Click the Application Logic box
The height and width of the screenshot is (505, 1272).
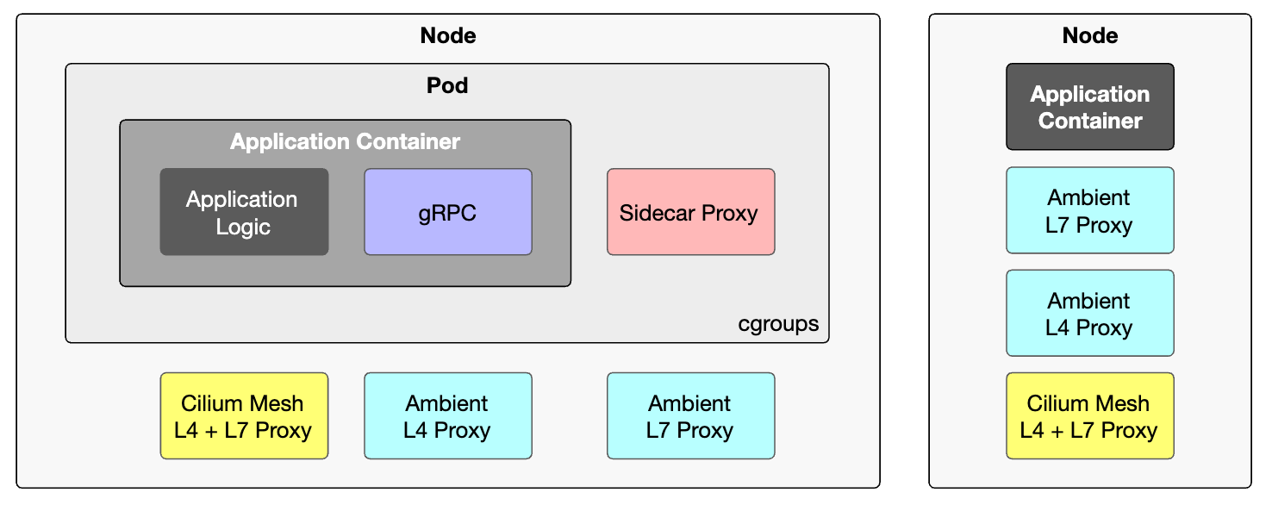click(244, 212)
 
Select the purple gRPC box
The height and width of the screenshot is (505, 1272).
click(448, 212)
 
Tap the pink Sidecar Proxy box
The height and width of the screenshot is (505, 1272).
click(690, 212)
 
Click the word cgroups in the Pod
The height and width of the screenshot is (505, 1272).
click(778, 324)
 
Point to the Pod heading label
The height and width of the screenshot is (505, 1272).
click(447, 85)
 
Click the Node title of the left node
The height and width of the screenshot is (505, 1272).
click(448, 35)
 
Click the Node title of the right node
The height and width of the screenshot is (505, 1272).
click(1090, 35)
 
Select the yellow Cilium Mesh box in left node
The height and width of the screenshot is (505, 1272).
click(244, 416)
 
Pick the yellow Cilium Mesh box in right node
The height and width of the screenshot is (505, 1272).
click(1090, 416)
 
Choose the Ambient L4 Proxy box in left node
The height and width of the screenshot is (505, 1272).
click(448, 416)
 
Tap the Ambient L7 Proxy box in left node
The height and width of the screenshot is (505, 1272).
click(690, 416)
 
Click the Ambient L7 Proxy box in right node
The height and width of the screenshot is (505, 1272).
click(1090, 210)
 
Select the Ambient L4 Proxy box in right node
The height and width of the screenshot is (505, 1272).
click(1090, 313)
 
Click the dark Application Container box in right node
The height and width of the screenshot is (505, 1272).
click(1090, 107)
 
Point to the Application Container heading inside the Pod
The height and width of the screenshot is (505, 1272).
click(345, 141)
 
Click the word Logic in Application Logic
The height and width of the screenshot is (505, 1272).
click(243, 228)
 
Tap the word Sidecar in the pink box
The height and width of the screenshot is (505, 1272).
click(657, 213)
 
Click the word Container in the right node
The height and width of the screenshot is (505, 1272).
click(1090, 121)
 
